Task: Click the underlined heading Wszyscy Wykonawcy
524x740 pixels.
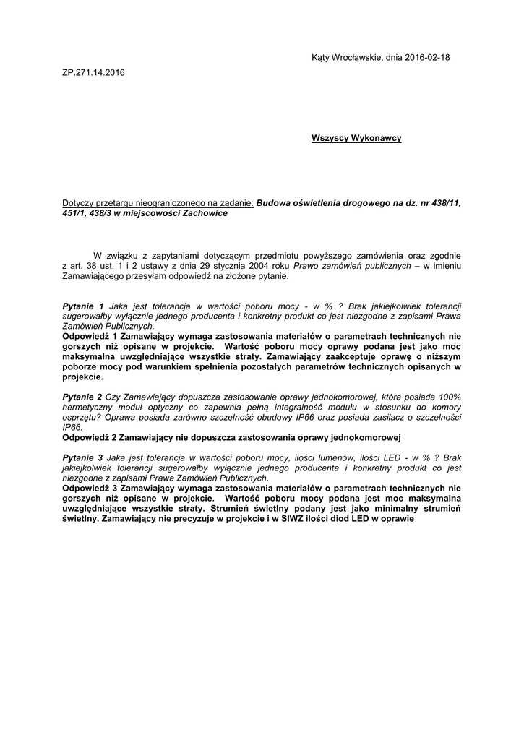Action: [356, 137]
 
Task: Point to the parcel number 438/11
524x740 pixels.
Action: [447, 203]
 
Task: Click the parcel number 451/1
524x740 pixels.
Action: [75, 213]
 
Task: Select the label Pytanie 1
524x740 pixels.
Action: [84, 306]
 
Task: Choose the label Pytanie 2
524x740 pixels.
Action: [82, 397]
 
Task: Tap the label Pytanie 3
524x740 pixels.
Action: [82, 458]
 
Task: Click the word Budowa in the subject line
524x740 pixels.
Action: [275, 203]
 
